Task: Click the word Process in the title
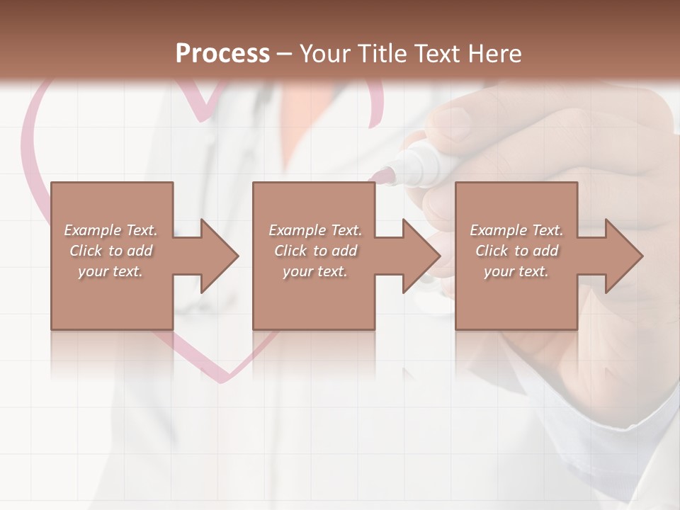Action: point(222,54)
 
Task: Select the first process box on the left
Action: point(112,297)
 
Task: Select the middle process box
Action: point(314,297)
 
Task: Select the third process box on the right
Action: point(516,297)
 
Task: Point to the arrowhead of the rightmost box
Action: point(623,256)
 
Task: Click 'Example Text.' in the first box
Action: point(110,230)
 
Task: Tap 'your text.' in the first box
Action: point(110,271)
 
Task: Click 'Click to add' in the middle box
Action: point(315,251)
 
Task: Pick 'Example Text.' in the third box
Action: point(516,230)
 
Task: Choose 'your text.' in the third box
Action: point(516,271)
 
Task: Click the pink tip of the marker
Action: point(385,174)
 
